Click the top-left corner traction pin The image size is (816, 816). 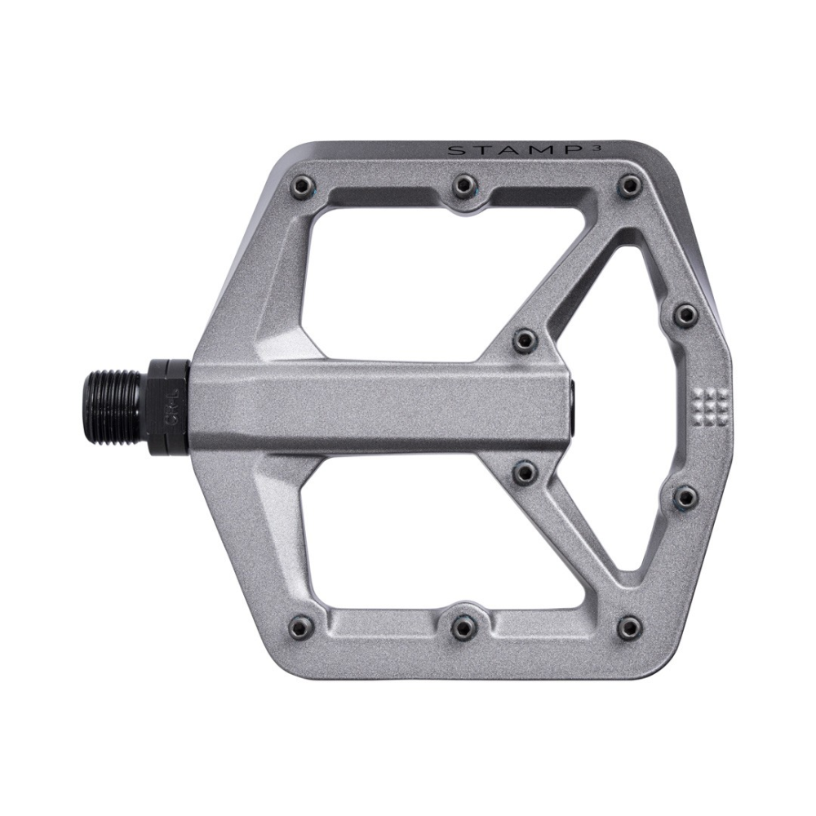[303, 186]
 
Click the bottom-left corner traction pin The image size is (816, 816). [303, 625]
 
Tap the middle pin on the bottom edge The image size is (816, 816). [464, 625]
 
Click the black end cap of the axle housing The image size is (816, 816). [574, 403]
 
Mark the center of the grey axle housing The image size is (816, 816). [379, 403]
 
